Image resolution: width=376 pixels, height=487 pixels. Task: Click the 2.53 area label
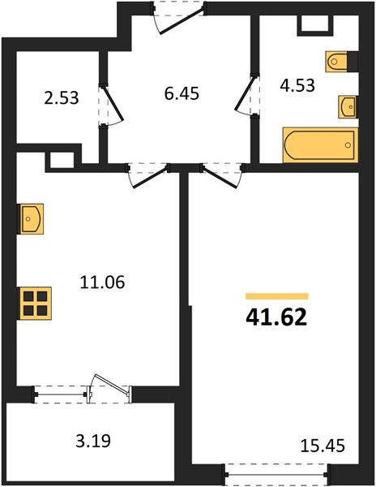62,98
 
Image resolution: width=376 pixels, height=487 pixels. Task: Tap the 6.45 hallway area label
182,93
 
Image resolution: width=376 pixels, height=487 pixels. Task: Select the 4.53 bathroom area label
297,85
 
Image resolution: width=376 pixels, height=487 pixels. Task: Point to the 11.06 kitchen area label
102,282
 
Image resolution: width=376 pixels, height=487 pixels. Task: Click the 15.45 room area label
323,446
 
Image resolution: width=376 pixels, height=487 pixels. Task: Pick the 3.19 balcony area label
93,441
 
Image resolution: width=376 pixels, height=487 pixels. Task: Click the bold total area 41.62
276,318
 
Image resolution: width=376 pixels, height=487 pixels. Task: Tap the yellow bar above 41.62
277,296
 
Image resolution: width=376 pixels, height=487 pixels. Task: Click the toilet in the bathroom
336,62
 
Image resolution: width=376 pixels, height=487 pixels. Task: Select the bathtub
321,145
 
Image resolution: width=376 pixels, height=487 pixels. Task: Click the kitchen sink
30,218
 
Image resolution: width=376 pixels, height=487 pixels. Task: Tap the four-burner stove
34,303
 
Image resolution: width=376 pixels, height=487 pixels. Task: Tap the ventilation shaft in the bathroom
315,24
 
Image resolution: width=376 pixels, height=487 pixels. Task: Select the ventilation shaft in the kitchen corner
62,161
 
